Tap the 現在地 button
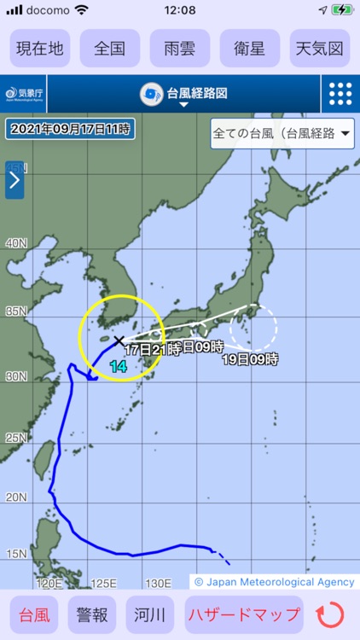(40, 49)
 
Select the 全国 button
(110, 49)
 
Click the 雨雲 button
(180, 49)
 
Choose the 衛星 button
(250, 49)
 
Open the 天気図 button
(320, 49)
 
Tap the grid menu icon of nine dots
(340, 94)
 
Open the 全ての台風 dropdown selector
(282, 134)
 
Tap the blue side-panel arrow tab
(15, 180)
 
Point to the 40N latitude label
(16, 243)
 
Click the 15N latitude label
(16, 554)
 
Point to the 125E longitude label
(103, 583)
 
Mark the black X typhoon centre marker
(119, 340)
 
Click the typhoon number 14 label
(119, 366)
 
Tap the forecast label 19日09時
(250, 359)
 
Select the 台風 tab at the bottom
(34, 614)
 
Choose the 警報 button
(93, 614)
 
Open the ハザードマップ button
(244, 614)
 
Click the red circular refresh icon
(330, 614)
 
